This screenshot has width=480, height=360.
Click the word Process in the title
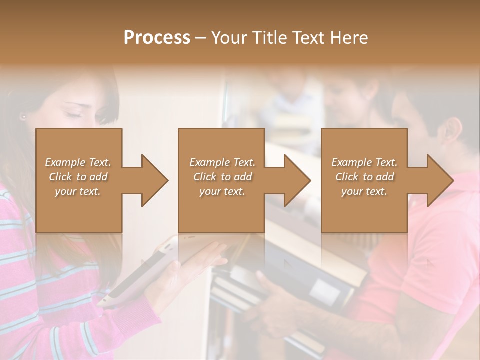pyautogui.click(x=157, y=38)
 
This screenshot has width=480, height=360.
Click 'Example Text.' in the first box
pyautogui.click(x=78, y=162)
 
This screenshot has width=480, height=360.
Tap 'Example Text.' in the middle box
pyautogui.click(x=222, y=162)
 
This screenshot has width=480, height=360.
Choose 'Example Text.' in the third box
pyautogui.click(x=364, y=162)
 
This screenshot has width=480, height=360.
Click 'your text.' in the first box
pyautogui.click(x=78, y=191)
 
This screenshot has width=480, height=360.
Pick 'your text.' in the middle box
pyautogui.click(x=222, y=191)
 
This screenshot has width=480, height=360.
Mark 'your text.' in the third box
pyautogui.click(x=364, y=191)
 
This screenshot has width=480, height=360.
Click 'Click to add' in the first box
pyautogui.click(x=78, y=177)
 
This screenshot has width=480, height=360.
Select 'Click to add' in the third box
pyautogui.click(x=364, y=177)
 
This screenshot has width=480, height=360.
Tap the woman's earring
pyautogui.click(x=23, y=117)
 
